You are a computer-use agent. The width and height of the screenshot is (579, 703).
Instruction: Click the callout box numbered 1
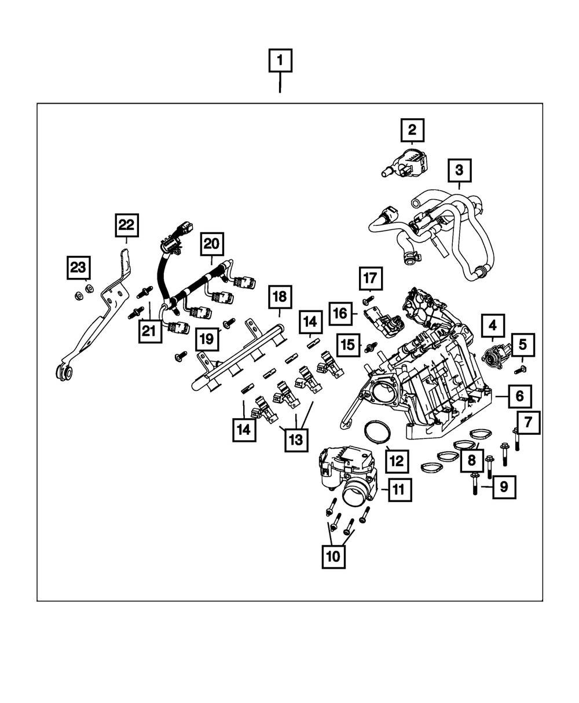point(280,60)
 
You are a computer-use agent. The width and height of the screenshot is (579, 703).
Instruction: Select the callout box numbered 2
point(412,130)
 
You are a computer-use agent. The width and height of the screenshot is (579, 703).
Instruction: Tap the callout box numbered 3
point(460,170)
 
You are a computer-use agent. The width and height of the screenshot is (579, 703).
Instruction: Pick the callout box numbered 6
point(520,396)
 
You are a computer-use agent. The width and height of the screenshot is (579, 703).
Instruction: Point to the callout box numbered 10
point(334,556)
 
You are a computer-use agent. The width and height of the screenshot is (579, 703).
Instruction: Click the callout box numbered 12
point(397,462)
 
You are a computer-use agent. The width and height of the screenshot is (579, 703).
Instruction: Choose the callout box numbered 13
point(296,440)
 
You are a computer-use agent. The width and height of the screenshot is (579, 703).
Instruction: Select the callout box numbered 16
point(340,313)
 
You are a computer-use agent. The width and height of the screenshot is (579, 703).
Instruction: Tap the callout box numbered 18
point(280,297)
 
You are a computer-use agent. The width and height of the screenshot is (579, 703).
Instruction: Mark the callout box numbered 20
point(212,244)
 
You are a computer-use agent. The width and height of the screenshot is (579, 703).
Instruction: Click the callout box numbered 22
point(127,225)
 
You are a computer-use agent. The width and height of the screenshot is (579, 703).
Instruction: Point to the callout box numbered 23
point(78,268)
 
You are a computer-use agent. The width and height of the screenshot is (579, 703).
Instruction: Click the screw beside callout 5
point(520,369)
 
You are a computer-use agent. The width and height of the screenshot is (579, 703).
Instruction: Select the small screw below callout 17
point(369,299)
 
